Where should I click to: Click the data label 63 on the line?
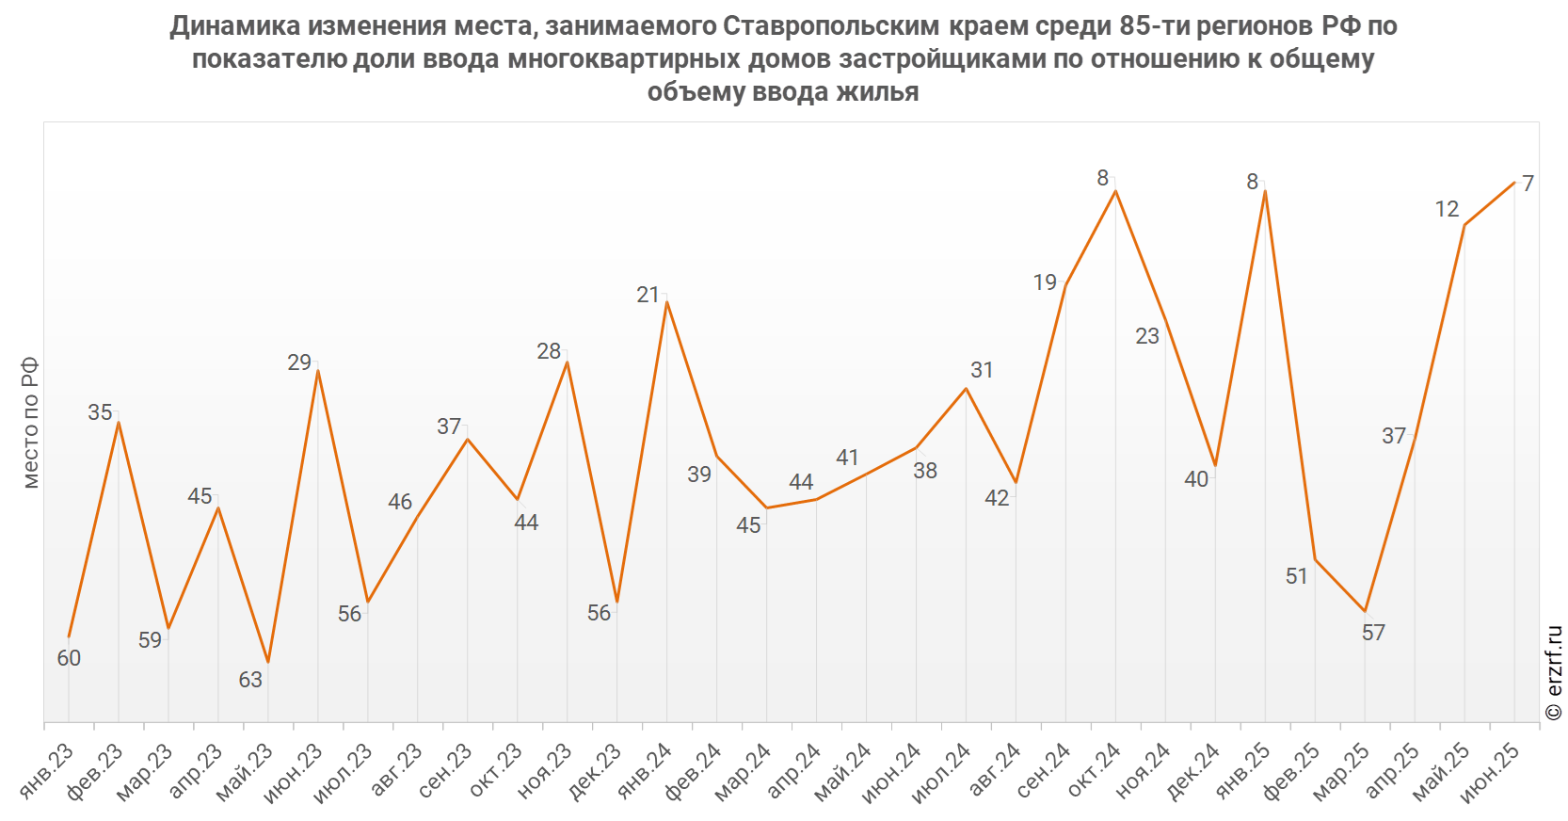(x=250, y=680)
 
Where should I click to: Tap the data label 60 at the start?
(x=69, y=658)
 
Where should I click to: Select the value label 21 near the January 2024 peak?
(x=648, y=296)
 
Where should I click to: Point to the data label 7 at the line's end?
(x=1528, y=184)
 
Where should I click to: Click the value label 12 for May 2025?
(x=1447, y=209)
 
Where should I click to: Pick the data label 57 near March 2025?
(x=1373, y=633)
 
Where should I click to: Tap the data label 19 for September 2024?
(x=1045, y=282)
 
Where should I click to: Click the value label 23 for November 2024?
(x=1147, y=336)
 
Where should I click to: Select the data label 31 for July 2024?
(x=982, y=370)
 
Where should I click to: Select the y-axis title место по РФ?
(x=31, y=423)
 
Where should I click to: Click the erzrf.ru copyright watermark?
(x=1554, y=673)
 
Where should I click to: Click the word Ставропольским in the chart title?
(x=831, y=26)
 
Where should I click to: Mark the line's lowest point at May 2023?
(x=268, y=663)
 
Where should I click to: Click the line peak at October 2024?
(x=1115, y=191)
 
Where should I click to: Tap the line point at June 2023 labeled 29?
(x=318, y=371)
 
